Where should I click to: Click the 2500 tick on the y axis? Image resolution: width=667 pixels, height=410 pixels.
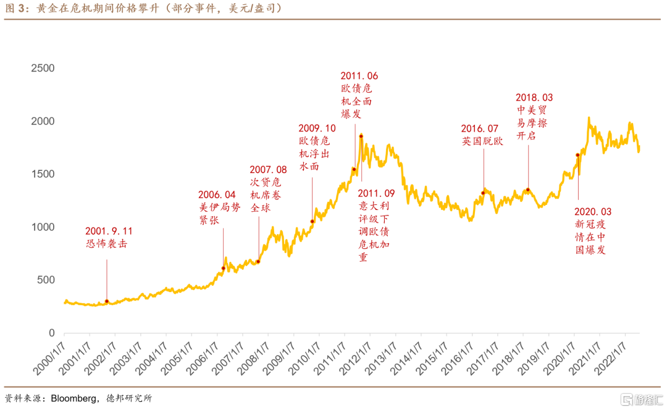click(x=43, y=69)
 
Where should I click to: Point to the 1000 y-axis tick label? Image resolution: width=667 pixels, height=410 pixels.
click(x=43, y=227)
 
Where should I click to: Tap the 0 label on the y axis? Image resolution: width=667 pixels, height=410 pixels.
click(x=51, y=333)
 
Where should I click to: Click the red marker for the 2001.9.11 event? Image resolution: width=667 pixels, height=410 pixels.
click(x=107, y=301)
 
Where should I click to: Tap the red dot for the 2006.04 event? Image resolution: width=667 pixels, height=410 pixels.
click(x=224, y=268)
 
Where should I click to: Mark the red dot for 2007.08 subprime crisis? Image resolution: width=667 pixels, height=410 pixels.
click(x=258, y=262)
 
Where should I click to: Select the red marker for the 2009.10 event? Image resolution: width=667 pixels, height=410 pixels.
click(x=312, y=221)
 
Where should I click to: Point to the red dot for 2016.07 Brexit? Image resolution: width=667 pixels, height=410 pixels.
click(x=483, y=193)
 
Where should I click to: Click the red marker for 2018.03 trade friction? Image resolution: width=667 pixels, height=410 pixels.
click(x=528, y=190)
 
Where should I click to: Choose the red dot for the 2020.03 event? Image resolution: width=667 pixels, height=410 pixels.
click(x=578, y=155)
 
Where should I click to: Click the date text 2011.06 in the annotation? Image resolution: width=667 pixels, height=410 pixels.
click(x=359, y=77)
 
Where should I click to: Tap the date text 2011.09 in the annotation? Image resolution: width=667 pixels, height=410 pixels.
click(x=376, y=193)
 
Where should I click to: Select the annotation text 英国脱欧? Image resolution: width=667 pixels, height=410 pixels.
click(x=482, y=141)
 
